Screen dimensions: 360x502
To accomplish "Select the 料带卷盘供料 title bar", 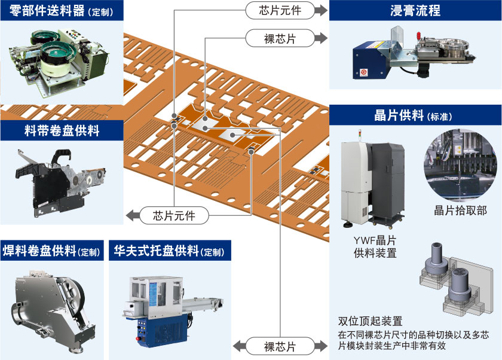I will pos(50,130).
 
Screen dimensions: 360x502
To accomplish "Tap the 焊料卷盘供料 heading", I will pos(42,251).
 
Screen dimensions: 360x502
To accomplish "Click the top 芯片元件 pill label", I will pos(280,10).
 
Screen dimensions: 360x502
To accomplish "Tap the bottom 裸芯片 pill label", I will pos(280,347).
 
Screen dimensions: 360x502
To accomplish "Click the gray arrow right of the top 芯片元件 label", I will pos(322,10).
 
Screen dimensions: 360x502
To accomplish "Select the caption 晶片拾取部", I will pos(460,210).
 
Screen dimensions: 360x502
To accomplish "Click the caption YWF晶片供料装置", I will pos(375,246).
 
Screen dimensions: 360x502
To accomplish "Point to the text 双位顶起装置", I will pos(370,322).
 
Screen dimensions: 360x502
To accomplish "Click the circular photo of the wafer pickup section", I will pos(460,166).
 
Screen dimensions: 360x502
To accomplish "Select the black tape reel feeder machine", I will pos(57,179).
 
